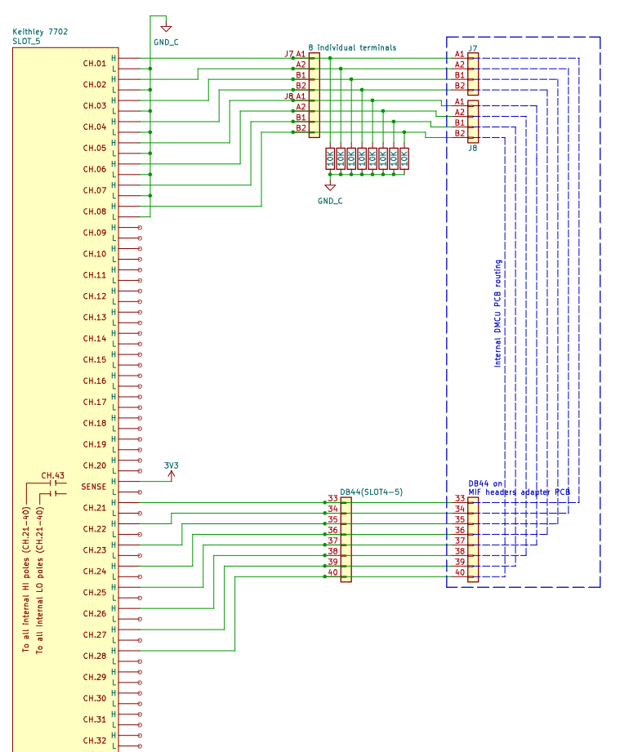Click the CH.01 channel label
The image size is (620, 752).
pos(95,64)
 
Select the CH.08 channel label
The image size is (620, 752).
pos(95,211)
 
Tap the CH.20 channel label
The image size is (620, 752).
pos(95,465)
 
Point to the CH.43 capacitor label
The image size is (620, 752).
pos(53,475)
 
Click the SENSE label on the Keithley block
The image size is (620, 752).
pos(94,487)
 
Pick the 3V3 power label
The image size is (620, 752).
pos(171,466)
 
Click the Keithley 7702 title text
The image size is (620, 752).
pos(41,31)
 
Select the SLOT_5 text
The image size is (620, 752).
pos(27,40)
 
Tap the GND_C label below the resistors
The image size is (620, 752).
pos(329,200)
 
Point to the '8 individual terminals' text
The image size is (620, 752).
pos(352,47)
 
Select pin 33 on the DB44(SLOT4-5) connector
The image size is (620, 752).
pos(332,498)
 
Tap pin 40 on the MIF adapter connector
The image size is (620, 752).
pos(460,572)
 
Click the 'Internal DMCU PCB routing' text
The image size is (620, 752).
pos(498,314)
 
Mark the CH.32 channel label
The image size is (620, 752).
pos(95,741)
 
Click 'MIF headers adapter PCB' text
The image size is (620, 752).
pos(520,492)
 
